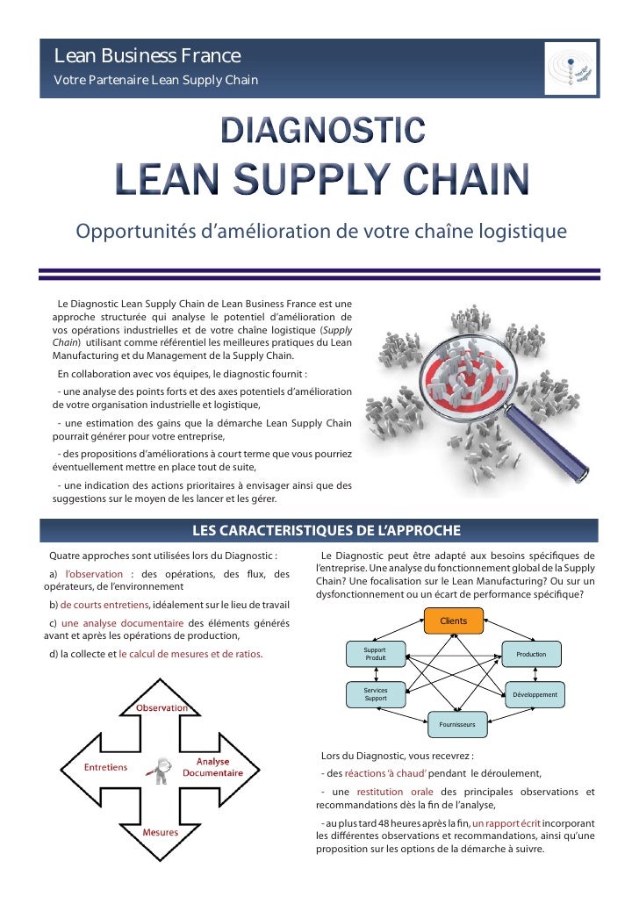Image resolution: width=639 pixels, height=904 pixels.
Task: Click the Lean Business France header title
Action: click(x=147, y=58)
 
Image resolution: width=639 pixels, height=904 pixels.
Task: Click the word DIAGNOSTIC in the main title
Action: click(x=322, y=132)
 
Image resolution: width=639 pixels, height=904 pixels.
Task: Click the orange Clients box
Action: click(x=453, y=621)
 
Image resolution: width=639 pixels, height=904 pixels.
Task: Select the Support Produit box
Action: click(x=375, y=654)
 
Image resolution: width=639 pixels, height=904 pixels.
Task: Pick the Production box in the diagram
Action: click(x=531, y=655)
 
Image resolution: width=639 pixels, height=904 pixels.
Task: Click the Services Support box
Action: click(x=375, y=694)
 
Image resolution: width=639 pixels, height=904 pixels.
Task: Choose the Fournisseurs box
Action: click(x=456, y=725)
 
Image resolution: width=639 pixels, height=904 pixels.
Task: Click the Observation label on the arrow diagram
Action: click(x=162, y=707)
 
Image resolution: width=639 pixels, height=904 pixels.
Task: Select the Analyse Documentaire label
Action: click(x=212, y=767)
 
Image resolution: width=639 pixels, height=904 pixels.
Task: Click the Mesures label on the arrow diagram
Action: click(x=162, y=832)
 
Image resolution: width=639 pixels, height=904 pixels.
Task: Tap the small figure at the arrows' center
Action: click(x=160, y=769)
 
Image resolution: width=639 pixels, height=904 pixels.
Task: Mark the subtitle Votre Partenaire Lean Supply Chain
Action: click(x=156, y=82)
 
